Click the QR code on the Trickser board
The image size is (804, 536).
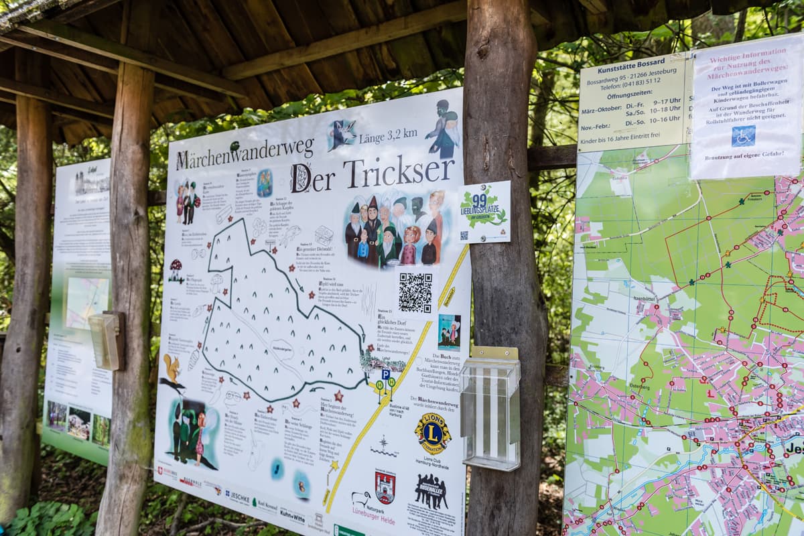coord(415,293)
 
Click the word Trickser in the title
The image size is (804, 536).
coord(398,173)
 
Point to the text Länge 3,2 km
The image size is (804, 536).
coord(388,137)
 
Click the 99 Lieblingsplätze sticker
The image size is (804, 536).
coord(484,211)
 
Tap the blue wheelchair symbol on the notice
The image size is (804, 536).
coord(742,136)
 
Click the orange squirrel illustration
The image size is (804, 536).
coord(172,368)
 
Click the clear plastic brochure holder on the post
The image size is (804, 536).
coord(490,409)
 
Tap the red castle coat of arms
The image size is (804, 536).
coord(385,487)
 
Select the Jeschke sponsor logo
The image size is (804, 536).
coord(237,497)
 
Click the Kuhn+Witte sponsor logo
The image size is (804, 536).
coord(292,515)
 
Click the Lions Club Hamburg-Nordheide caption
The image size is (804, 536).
coord(431,464)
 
